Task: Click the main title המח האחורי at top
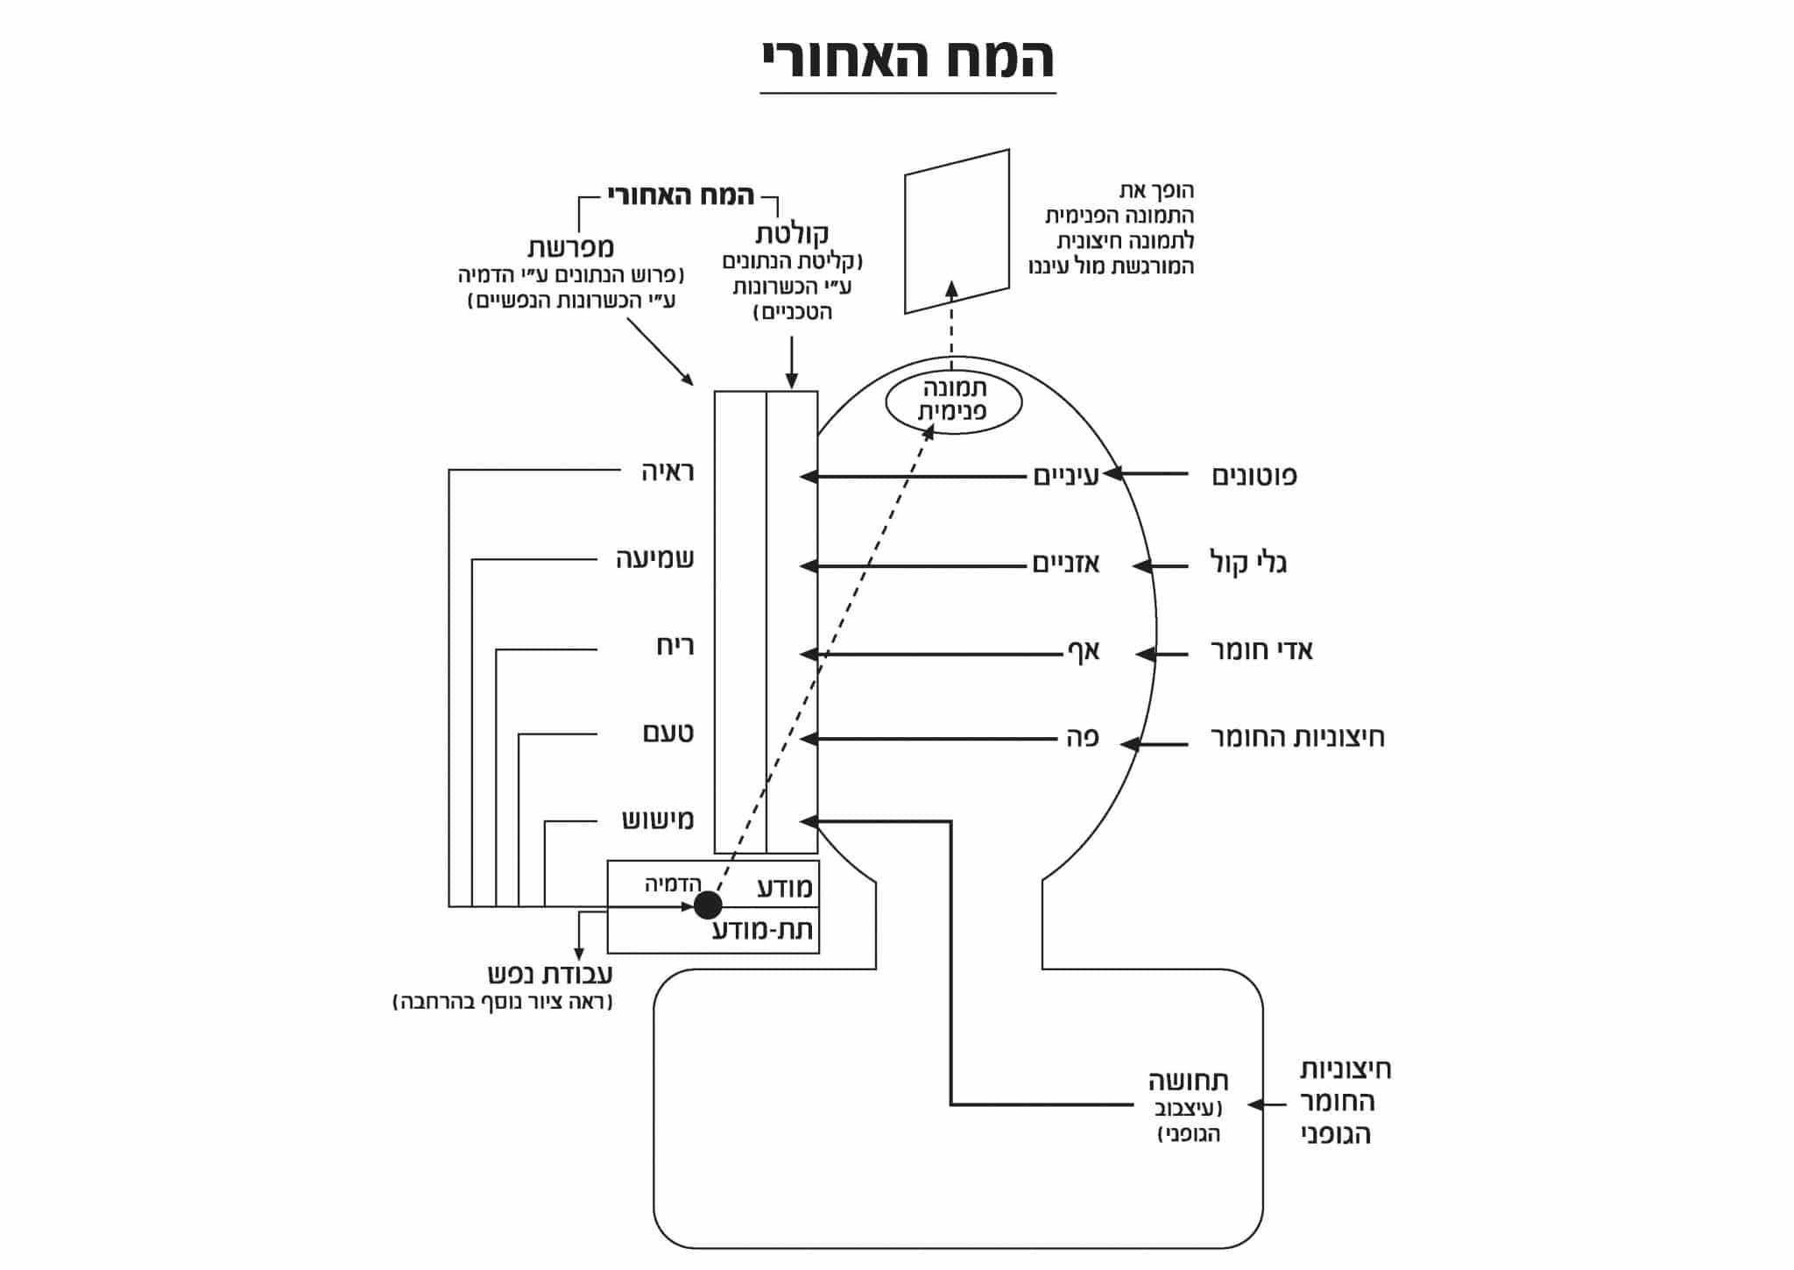[908, 60]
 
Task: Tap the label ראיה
[667, 472]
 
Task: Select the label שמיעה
[655, 559]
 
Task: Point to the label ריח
[675, 647]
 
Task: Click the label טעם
[668, 733]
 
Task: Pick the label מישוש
[658, 820]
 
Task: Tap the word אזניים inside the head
[1066, 564]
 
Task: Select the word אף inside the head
[1083, 651]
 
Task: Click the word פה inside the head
[1082, 738]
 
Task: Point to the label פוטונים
[1254, 476]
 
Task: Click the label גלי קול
[1248, 563]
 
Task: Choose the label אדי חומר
[1261, 650]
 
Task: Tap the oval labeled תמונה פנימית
[953, 401]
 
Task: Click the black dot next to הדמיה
[708, 905]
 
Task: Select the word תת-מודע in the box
[762, 930]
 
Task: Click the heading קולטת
[792, 234]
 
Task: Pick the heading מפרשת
[570, 246]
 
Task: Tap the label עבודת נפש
[550, 974]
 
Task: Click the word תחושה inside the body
[1188, 1081]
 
